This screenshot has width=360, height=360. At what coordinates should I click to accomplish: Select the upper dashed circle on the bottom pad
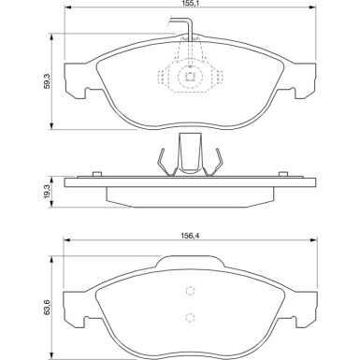(190, 291)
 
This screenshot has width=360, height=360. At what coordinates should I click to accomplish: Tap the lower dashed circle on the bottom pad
(190, 316)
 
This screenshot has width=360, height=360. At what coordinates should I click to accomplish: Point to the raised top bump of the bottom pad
(190, 268)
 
